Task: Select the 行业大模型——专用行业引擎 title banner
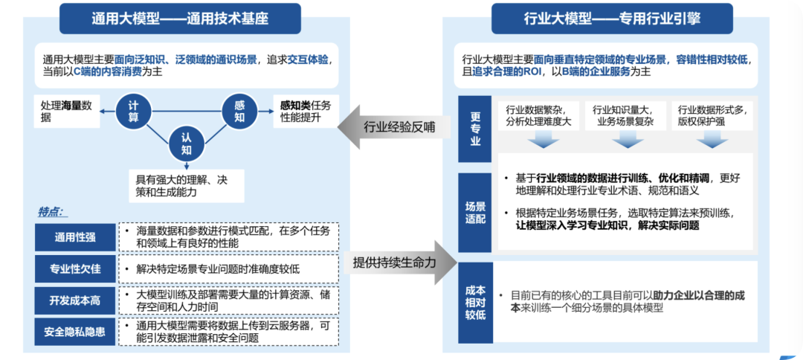[x=608, y=19]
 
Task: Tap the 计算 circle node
[x=134, y=113]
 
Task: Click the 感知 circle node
[x=239, y=112]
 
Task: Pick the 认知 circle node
[x=186, y=143]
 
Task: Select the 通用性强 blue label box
[x=75, y=237]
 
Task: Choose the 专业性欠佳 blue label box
[x=75, y=269]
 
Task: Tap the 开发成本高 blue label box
[x=75, y=300]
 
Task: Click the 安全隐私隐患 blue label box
[x=75, y=331]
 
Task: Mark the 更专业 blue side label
[x=475, y=129]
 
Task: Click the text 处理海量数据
[x=68, y=112]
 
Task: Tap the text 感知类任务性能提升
[x=306, y=112]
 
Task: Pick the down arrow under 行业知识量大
[x=623, y=139]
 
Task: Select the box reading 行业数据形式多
[x=712, y=116]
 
